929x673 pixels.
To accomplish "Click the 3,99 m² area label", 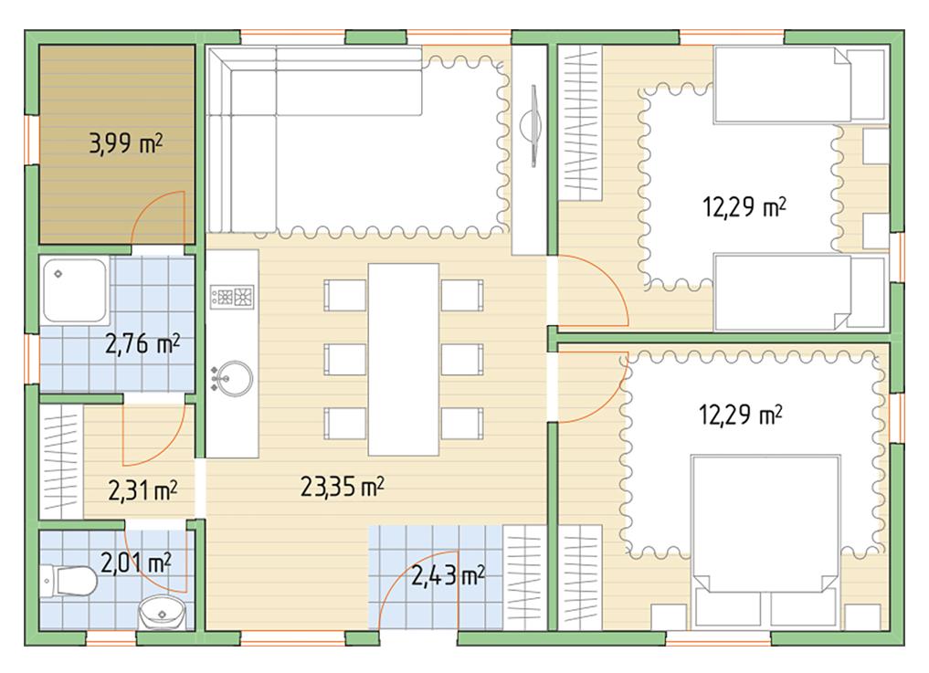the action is pyautogui.click(x=126, y=143).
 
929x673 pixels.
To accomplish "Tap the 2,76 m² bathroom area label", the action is pyautogui.click(x=143, y=343).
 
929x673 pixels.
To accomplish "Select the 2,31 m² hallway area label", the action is pyautogui.click(x=143, y=490).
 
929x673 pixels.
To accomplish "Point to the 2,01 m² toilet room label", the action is pyautogui.click(x=136, y=563).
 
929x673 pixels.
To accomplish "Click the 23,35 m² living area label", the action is pyautogui.click(x=342, y=487).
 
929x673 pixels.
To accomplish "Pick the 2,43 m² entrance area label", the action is pyautogui.click(x=448, y=575).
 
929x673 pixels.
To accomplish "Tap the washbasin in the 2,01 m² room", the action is pyautogui.click(x=161, y=613).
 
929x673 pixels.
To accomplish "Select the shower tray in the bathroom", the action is pyautogui.click(x=75, y=290).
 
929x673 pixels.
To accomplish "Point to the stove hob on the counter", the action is pyautogui.click(x=232, y=296).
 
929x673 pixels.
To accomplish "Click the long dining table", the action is pyautogui.click(x=404, y=360).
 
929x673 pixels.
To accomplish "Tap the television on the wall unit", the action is pyautogui.click(x=532, y=126).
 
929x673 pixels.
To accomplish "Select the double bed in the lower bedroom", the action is pyautogui.click(x=765, y=541).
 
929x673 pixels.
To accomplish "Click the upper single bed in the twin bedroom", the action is pyautogui.click(x=801, y=85).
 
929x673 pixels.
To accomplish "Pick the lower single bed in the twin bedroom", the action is pyautogui.click(x=801, y=292).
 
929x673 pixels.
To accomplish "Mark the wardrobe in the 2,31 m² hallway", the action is pyautogui.click(x=61, y=462).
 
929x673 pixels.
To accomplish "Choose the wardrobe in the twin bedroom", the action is pyautogui.click(x=581, y=123).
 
